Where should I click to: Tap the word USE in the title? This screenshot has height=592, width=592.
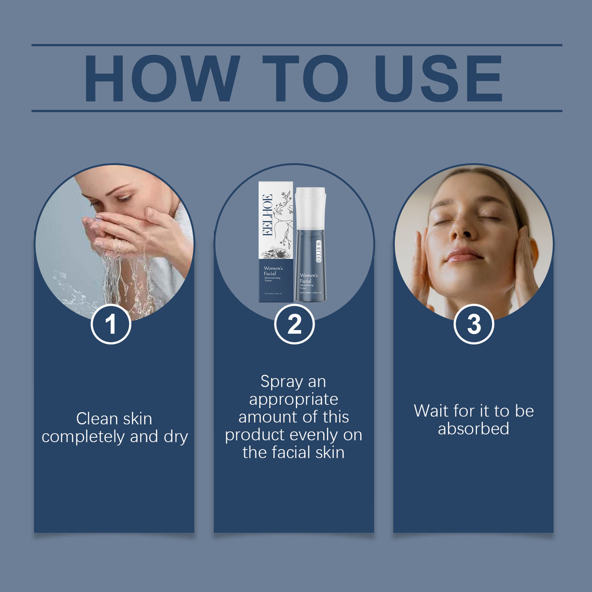438,79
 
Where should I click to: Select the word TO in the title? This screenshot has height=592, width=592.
306,79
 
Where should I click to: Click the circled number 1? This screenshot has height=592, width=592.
111,324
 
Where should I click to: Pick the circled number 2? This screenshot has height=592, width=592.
294,324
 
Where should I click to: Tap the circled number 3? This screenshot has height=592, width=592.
474,324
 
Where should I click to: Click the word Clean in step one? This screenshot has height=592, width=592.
97,418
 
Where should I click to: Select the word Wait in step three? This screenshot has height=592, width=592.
431,411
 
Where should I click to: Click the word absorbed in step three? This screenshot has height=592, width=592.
474,429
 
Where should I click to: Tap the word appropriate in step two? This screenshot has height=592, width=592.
294,399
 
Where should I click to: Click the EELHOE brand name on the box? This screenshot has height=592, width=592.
267,215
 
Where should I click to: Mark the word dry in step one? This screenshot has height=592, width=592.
176,436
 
